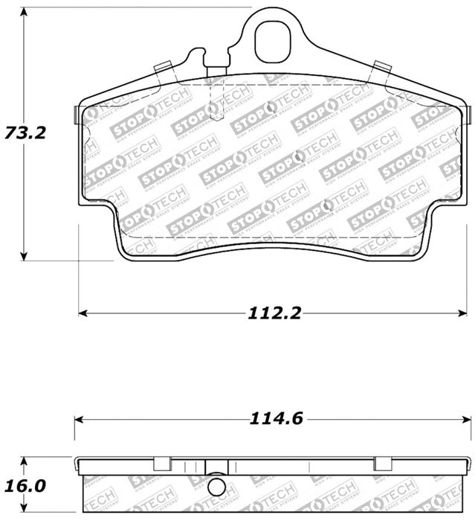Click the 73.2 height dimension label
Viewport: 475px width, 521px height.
click(25, 133)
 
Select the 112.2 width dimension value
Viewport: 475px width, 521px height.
click(275, 313)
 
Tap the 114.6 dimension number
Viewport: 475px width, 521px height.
click(275, 419)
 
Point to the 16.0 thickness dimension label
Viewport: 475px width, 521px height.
click(25, 486)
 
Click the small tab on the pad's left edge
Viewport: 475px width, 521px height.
click(77, 114)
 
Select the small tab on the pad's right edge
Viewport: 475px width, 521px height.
click(470, 114)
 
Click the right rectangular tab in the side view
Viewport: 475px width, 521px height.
click(383, 464)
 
